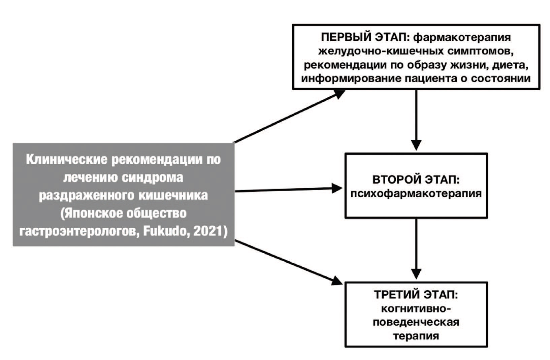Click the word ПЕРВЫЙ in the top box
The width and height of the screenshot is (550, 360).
345,37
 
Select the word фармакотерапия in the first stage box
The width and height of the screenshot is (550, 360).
462,37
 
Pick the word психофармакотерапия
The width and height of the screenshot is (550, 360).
416,194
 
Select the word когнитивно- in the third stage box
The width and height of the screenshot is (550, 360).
416,309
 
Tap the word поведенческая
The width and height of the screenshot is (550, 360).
416,322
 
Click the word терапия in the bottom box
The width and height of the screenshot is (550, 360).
416,336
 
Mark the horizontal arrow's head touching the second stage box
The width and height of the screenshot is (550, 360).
337,188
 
